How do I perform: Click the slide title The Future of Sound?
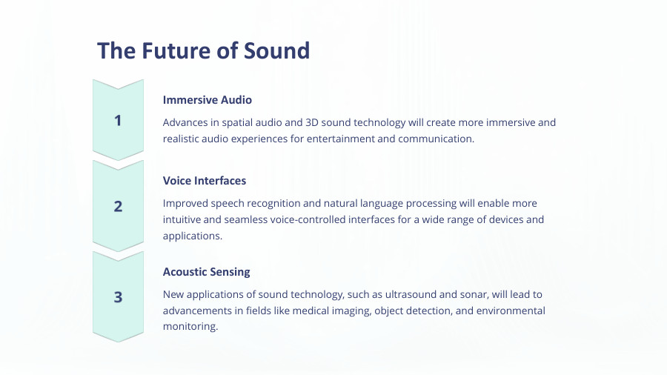[x=203, y=50]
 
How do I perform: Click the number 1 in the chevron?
[x=118, y=120]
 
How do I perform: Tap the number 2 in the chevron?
[x=118, y=206]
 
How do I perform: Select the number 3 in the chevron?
[x=118, y=297]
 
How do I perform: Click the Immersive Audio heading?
[x=208, y=100]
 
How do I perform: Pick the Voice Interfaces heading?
[x=205, y=180]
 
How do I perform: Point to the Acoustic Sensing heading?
[x=207, y=272]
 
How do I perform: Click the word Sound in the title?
[x=278, y=50]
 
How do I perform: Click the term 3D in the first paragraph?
[x=314, y=122]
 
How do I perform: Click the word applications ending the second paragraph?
[x=191, y=236]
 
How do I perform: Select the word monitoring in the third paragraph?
[x=190, y=327]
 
